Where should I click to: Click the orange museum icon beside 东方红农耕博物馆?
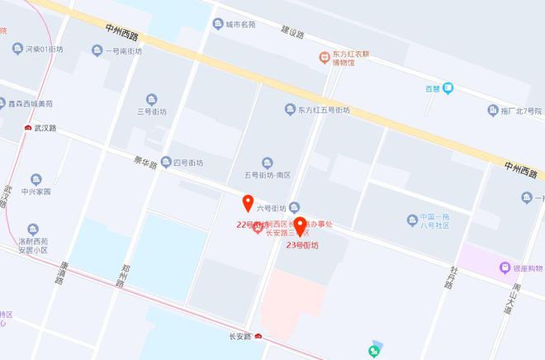tap(325, 56)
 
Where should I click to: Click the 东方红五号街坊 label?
tap(324, 110)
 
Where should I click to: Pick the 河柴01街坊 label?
tap(44, 49)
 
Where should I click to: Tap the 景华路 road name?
tap(145, 163)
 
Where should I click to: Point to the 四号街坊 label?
tap(187, 162)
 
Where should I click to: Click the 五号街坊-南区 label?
tap(268, 174)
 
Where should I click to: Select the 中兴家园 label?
tap(36, 191)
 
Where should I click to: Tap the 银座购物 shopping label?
tap(529, 268)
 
